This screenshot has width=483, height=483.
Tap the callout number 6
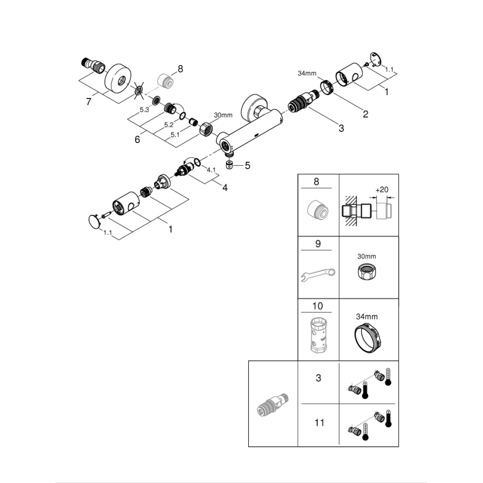click(x=137, y=140)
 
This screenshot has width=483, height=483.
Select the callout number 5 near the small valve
click(x=248, y=165)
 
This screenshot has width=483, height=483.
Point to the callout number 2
click(x=365, y=115)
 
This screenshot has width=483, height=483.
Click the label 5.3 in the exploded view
click(x=144, y=110)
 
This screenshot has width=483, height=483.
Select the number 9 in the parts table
click(x=318, y=244)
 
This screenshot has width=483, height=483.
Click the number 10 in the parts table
click(x=318, y=306)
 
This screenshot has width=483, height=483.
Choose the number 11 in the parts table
click(x=319, y=423)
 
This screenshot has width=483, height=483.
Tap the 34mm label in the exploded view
click(x=307, y=73)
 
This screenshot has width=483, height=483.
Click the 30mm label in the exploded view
click(x=223, y=115)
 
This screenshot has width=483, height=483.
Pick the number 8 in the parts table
click(x=318, y=181)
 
